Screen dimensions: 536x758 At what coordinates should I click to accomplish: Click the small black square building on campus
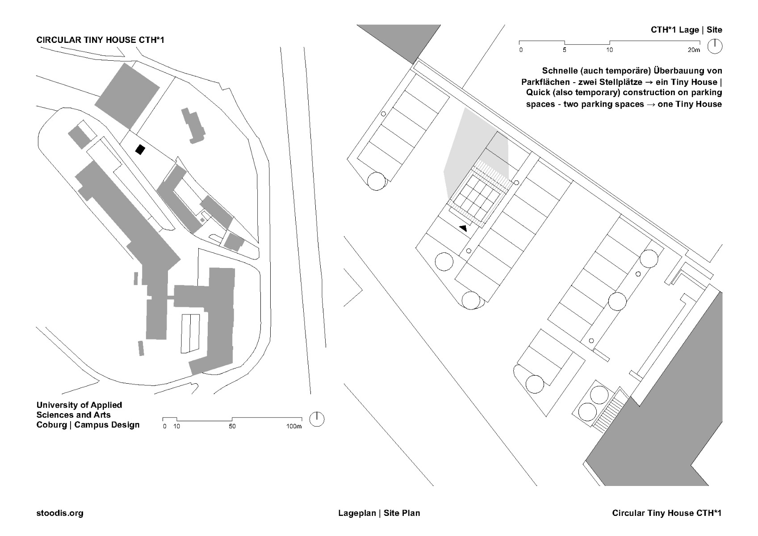[141, 150]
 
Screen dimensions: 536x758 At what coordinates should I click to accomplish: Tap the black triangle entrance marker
[463, 228]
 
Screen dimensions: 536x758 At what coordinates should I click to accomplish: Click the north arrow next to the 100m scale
[317, 419]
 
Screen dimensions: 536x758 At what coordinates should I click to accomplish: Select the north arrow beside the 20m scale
[715, 46]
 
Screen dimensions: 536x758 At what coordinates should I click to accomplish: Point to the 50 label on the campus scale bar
[232, 427]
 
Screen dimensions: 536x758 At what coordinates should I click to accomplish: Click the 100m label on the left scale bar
[294, 427]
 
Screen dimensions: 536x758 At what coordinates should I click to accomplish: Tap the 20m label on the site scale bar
[694, 50]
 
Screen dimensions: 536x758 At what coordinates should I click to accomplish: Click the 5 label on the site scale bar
[565, 50]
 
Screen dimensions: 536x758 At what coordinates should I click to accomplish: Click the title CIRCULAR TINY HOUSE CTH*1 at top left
[101, 40]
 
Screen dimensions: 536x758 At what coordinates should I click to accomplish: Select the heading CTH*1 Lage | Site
[686, 30]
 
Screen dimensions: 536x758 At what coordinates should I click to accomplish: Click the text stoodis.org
[60, 513]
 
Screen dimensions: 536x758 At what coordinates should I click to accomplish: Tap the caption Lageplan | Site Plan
[379, 513]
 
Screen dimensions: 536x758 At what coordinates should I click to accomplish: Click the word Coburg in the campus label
[51, 425]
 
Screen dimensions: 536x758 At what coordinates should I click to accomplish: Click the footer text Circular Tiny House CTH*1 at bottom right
[667, 513]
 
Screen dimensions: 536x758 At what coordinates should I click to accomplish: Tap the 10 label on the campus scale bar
[177, 427]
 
